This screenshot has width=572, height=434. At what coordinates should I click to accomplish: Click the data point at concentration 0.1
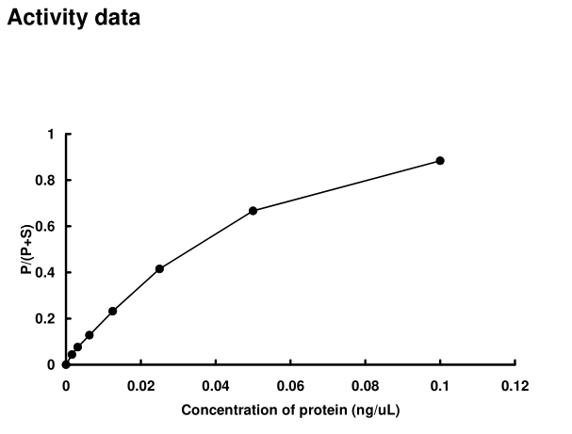pos(440,161)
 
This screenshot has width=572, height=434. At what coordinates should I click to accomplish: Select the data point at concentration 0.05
pos(253,211)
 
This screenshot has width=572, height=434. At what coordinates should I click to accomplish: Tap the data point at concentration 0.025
pos(159,268)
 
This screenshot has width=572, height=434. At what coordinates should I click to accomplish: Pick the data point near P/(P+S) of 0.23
pos(113,311)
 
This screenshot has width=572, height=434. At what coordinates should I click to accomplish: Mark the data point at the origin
pos(66,364)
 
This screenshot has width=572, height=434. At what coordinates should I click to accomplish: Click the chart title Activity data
pos(74,18)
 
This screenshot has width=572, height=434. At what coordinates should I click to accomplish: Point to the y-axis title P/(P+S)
pos(29,249)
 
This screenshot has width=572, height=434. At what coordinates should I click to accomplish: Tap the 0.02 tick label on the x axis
pos(140,384)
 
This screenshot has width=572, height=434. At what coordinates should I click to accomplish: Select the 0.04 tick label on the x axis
pos(216,384)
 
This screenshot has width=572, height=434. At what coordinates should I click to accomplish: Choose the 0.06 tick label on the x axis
pos(290,384)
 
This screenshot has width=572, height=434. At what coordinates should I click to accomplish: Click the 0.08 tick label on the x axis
pos(366,384)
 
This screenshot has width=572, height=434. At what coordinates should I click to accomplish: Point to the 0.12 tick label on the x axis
pos(515,384)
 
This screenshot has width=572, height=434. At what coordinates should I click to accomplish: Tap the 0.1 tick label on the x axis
pos(440,384)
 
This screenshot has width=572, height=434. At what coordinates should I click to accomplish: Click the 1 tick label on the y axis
pos(51,135)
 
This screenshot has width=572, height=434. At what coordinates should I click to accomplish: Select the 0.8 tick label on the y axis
pos(46,181)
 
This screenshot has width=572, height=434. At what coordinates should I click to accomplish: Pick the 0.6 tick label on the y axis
pos(46,227)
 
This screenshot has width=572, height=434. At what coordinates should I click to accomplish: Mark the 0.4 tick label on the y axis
pos(46,273)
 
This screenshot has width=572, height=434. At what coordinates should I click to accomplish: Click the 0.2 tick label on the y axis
pos(46,319)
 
